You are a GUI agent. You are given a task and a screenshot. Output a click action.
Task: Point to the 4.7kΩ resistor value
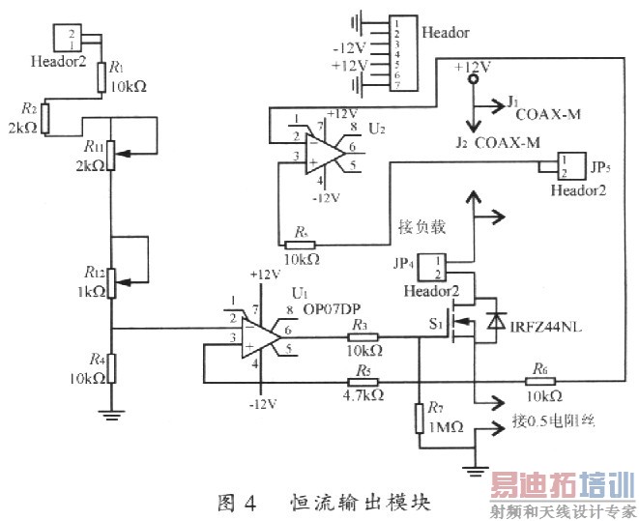[363, 395]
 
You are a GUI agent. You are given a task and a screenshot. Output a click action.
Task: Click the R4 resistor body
[111, 367]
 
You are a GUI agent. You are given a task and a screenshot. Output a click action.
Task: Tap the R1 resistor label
[117, 68]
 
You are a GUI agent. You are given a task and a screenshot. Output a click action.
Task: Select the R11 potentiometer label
[95, 147]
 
